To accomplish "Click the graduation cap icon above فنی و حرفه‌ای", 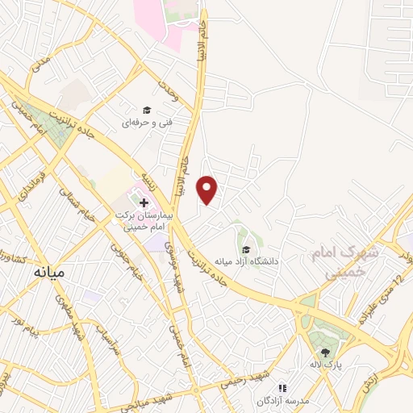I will click(x=147, y=111).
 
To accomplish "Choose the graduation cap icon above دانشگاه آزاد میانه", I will click(x=244, y=248).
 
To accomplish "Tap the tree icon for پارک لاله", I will click(x=325, y=352).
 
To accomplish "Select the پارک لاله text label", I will click(x=330, y=365).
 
